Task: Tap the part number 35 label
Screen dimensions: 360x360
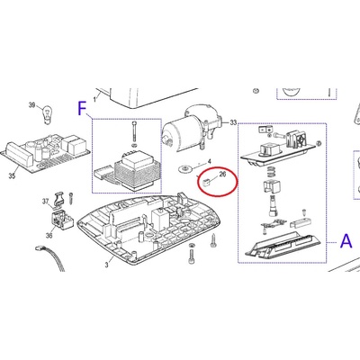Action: point(12,175)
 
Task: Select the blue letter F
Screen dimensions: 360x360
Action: point(82,108)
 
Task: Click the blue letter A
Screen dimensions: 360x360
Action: point(346,241)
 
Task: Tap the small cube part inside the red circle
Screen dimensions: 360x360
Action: point(206,182)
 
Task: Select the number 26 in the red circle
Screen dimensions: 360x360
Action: point(222,174)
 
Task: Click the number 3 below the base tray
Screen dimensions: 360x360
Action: point(106,265)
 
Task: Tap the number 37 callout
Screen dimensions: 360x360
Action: point(45,202)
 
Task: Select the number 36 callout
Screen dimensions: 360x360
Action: point(49,235)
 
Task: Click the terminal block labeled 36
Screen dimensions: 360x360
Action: point(62,220)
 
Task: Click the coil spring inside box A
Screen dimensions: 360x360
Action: point(271,172)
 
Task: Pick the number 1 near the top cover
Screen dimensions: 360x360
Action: point(94,99)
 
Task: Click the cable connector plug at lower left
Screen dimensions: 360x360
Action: point(39,248)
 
